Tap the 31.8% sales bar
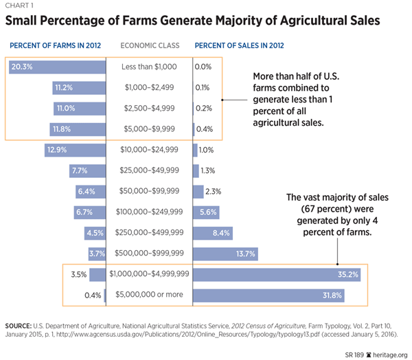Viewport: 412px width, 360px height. (268, 296)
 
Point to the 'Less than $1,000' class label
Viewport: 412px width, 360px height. (150, 67)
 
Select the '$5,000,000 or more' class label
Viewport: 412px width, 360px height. (150, 296)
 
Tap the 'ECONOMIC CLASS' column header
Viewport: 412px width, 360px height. (150, 46)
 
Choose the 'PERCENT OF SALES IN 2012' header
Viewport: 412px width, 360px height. (241, 46)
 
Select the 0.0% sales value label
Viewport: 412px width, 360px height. (203, 67)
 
